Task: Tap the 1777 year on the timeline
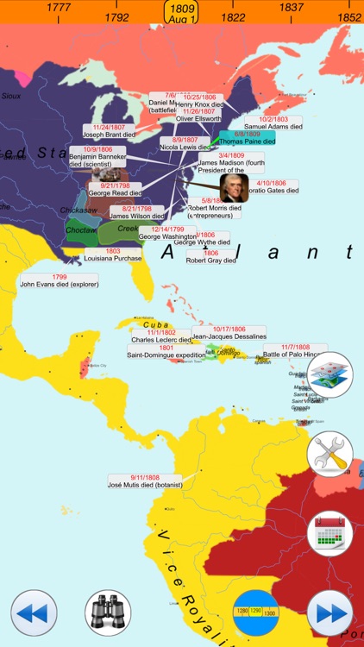pyautogui.click(x=59, y=8)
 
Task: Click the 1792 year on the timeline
pyautogui.click(x=116, y=17)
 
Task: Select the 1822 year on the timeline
pyautogui.click(x=233, y=17)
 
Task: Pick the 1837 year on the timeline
pyautogui.click(x=291, y=8)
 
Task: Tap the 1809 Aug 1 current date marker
pyautogui.click(x=183, y=12)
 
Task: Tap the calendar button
pyautogui.click(x=330, y=533)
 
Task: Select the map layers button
pyautogui.click(x=330, y=375)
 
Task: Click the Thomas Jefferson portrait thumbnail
pyautogui.click(x=232, y=187)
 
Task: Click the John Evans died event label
pyautogui.click(x=59, y=282)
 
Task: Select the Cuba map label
pyautogui.click(x=142, y=324)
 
